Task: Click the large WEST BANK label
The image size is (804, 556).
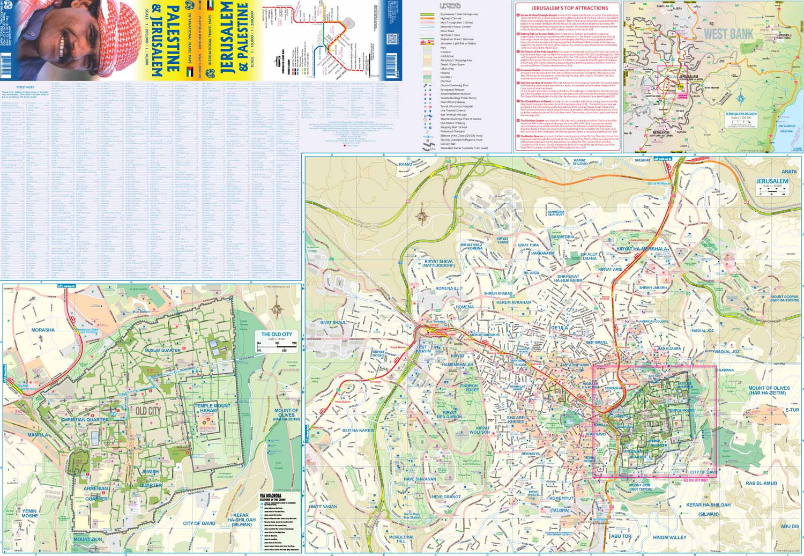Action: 728,34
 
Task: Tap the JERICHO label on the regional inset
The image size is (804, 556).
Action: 783,35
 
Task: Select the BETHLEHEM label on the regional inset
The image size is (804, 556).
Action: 661,132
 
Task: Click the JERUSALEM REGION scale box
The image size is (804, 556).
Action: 741,118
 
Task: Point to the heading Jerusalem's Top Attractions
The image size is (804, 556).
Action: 569,8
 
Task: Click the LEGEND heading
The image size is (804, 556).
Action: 450,6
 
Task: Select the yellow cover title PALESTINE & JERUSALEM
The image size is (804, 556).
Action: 165,40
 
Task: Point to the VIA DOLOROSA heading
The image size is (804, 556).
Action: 270,496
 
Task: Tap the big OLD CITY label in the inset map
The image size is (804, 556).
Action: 148,411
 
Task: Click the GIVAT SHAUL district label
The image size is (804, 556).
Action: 333,323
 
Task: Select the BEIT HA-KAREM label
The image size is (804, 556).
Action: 358,431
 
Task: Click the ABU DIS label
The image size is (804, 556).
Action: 789,527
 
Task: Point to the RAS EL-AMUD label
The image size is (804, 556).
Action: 761,483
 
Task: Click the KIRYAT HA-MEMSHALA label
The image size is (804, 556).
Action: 642,249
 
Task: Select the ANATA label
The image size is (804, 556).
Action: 788,172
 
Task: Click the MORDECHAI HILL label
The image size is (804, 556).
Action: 401,539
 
